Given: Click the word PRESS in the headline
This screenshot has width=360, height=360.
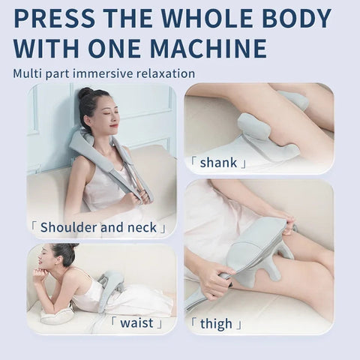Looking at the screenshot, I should point(55,17).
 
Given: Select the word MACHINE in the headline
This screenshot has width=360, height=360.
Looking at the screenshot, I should point(209,48).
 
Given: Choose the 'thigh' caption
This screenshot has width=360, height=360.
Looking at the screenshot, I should point(215,323).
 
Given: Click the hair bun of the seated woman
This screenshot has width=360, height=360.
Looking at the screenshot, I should point(85,94).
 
